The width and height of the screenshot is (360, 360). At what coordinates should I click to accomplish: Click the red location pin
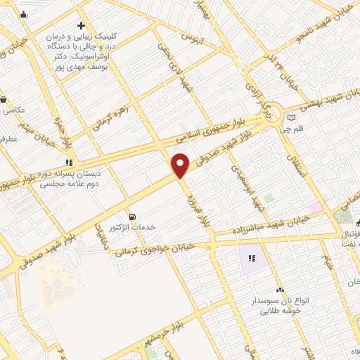[x=181, y=165]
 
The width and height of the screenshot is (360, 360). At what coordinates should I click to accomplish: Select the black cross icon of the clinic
[x=82, y=25]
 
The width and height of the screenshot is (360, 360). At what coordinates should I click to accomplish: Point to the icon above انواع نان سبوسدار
[x=280, y=290]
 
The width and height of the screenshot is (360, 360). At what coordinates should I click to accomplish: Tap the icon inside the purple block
[x=251, y=259]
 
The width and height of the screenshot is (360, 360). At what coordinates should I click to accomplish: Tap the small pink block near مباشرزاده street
[x=314, y=207]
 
